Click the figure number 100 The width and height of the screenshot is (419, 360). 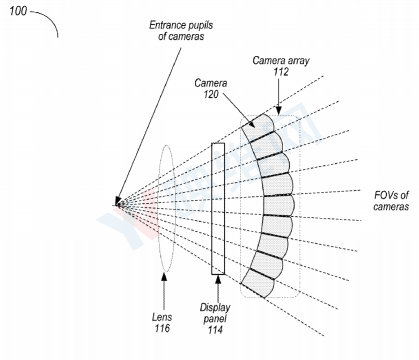[18, 11]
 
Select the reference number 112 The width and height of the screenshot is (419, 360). [281, 72]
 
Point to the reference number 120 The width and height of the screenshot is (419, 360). [211, 94]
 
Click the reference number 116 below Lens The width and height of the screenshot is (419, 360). [162, 328]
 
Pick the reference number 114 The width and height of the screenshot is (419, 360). [215, 329]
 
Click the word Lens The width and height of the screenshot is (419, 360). [162, 317]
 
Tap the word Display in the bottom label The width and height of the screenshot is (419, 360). [215, 307]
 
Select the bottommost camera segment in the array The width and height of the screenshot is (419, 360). [258, 283]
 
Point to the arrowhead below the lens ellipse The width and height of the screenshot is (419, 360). [164, 277]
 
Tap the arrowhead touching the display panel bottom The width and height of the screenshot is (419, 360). [218, 279]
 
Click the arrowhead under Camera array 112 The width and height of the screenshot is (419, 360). [278, 110]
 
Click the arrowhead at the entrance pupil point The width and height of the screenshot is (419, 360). [117, 201]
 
